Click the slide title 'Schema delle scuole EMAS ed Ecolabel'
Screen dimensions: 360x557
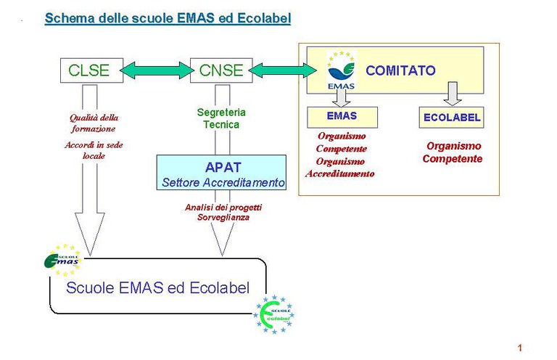168,18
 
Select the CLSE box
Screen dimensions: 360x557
88,70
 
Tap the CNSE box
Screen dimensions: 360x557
221,70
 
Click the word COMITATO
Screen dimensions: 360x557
400,70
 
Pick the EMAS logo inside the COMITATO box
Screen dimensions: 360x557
341,70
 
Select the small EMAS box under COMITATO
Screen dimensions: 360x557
342,116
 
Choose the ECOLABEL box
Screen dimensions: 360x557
450,117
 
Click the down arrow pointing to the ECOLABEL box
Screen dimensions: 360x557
451,94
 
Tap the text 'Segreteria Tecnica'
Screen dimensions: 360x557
221,118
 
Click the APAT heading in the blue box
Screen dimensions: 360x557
221,167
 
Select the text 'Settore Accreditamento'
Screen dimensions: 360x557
221,182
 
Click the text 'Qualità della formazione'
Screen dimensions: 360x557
94,123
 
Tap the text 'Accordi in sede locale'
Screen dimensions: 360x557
94,150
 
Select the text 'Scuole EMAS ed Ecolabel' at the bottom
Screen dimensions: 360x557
157,287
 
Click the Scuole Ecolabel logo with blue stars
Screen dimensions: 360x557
273,314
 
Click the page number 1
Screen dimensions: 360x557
520,348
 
